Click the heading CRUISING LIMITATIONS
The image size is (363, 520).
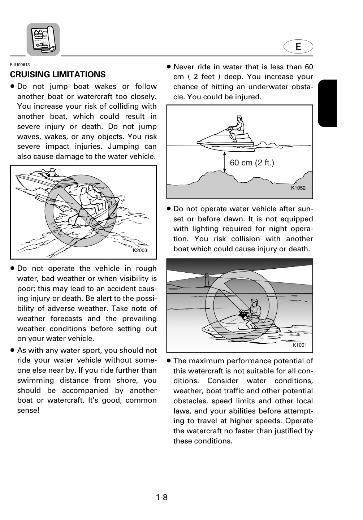[57, 74]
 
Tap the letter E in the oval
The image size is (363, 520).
[298, 47]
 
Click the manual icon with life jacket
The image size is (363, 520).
[43, 39]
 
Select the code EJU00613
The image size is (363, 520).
[20, 65]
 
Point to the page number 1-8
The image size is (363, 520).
[162, 497]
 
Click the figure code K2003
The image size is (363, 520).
[140, 250]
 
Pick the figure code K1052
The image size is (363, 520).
[298, 188]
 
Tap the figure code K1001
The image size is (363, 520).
[299, 345]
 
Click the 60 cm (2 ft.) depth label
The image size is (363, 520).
[252, 162]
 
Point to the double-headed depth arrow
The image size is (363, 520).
[224, 162]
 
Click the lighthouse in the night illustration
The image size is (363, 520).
[207, 280]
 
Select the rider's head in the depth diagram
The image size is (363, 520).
[239, 118]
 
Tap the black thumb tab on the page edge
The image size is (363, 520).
[327, 103]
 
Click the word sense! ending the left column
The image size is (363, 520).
[28, 411]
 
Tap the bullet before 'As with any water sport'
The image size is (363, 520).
[13, 350]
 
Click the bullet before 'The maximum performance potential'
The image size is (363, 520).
[169, 361]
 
